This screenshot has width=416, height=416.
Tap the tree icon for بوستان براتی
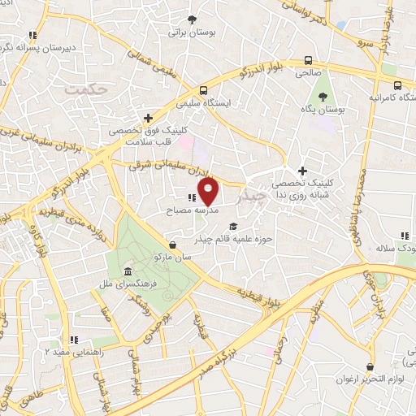[x=192, y=19]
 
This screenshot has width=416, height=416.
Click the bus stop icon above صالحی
[x=308, y=60]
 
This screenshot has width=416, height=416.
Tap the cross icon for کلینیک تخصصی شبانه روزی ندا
[x=303, y=171]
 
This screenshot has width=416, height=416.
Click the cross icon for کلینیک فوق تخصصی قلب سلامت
[x=147, y=117]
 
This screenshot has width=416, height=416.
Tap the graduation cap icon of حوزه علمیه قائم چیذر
[x=234, y=227]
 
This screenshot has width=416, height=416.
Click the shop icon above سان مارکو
[x=172, y=245]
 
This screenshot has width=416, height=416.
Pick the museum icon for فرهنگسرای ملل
[x=128, y=271]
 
